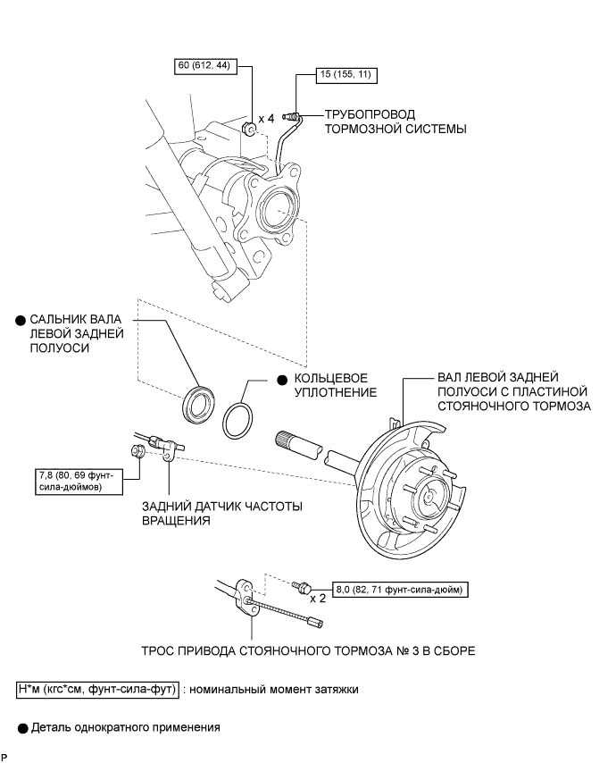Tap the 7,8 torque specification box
point(79,482)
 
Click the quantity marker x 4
point(266,118)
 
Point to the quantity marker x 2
point(318,598)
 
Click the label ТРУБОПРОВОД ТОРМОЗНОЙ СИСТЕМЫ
point(395,122)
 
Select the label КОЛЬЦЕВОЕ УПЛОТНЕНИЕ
point(336,385)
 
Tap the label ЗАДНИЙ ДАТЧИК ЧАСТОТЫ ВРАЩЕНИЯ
point(222,514)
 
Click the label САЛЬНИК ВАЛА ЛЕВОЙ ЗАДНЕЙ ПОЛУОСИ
point(77,334)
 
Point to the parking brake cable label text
point(308,651)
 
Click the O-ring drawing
point(237,421)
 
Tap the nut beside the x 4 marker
point(249,130)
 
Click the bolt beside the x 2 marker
point(301,586)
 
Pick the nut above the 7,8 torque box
point(137,450)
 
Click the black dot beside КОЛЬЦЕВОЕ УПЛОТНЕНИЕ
point(282,380)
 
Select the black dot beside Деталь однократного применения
point(22,728)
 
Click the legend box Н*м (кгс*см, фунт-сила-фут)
point(97,690)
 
